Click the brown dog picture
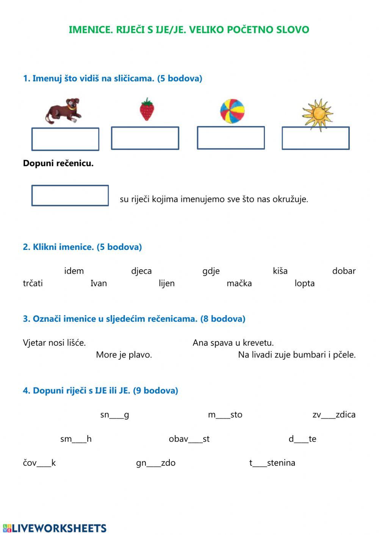click(x=64, y=111)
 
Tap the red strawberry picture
click(x=147, y=109)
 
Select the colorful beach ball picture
click(x=232, y=111)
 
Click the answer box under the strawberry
click(x=145, y=138)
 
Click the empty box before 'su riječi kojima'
click(x=70, y=195)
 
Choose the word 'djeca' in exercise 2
click(x=141, y=271)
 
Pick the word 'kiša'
click(x=280, y=271)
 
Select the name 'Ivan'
click(x=99, y=283)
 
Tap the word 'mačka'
click(x=239, y=283)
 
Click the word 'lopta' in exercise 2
click(x=305, y=283)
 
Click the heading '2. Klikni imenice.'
click(x=82, y=247)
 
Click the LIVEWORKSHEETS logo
click(x=55, y=528)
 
